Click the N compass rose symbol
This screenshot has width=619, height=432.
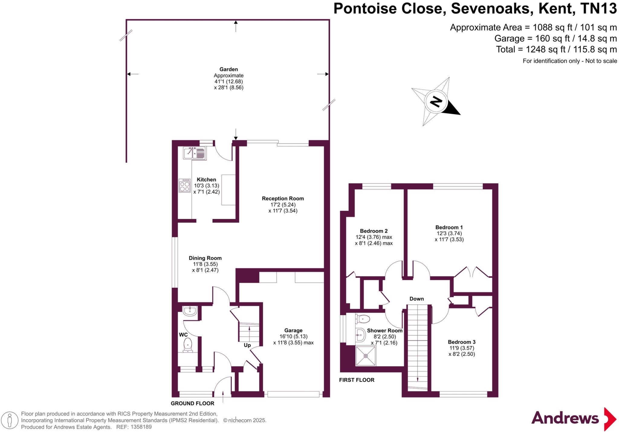coord(436,101)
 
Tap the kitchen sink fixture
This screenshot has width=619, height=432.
coord(195,153)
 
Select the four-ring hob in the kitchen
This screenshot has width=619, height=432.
coord(185,185)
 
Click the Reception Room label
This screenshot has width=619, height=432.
coord(283,199)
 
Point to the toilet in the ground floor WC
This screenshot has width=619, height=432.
coord(188,345)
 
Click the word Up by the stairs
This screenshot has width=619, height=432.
coord(247,345)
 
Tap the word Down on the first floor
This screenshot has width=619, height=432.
coord(416,299)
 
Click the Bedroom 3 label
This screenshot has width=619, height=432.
coord(462,342)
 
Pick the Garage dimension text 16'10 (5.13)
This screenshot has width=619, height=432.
coord(293,337)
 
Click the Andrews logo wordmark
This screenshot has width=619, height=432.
coord(565,418)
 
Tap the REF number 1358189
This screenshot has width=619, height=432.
coord(141,427)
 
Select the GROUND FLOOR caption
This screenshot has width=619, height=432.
coord(192,403)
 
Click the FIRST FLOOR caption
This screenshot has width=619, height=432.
coord(356,380)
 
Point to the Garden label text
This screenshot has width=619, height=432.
coord(228,69)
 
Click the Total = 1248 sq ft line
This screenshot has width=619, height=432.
coord(556,49)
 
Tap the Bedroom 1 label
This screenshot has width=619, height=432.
coord(449,227)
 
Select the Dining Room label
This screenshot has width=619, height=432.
coord(205,258)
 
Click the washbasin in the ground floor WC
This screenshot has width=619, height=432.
coord(190,311)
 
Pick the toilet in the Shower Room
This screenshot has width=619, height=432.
coord(363,319)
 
